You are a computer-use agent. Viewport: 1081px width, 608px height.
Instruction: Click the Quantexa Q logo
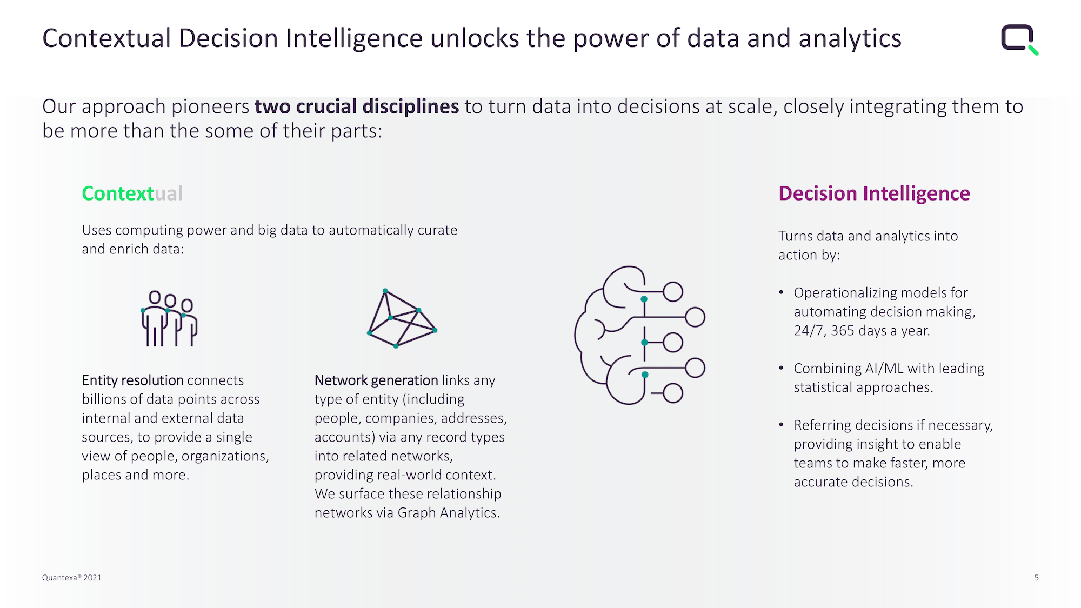click(1019, 39)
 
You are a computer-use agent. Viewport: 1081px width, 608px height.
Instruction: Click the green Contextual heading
click(132, 193)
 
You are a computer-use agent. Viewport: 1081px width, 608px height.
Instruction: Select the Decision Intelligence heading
click(874, 193)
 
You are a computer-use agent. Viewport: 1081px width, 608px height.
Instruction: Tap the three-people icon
click(169, 318)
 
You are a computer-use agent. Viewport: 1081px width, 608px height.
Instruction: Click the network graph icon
click(402, 319)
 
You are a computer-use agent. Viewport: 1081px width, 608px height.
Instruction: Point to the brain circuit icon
click(639, 335)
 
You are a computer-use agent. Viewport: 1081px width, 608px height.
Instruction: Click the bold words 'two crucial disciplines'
click(357, 106)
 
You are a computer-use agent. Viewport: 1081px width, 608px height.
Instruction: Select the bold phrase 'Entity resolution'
click(132, 380)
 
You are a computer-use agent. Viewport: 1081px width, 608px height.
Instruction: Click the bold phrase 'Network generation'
click(376, 380)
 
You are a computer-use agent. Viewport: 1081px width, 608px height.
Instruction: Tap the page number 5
click(1036, 578)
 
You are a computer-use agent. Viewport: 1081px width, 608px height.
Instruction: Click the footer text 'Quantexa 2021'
click(72, 578)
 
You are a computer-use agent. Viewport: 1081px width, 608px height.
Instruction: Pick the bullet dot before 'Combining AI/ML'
click(781, 368)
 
